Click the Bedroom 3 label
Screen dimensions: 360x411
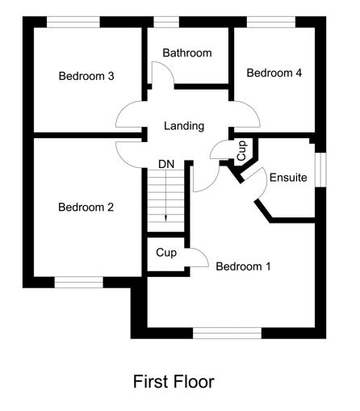tap(86, 76)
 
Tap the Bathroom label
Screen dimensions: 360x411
tap(187, 52)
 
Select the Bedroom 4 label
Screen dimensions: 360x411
tap(274, 73)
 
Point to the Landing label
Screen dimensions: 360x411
tap(184, 126)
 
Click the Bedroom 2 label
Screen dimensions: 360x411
tap(86, 207)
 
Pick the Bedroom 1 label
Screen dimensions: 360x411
tap(243, 266)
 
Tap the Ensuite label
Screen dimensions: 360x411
tap(288, 178)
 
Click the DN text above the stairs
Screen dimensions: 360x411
tap(166, 164)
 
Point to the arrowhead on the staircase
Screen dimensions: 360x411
tap(165, 218)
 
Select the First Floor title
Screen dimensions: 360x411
tap(174, 381)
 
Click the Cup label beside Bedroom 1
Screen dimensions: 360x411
tap(166, 253)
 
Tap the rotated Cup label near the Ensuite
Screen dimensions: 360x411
tap(242, 151)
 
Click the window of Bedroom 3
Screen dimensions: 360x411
tap(73, 22)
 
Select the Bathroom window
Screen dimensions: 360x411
tap(166, 22)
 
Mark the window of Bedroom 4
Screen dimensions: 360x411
tap(271, 22)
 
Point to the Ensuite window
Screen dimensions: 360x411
tap(320, 170)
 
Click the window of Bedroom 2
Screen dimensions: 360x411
tap(79, 283)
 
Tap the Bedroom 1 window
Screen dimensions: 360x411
tap(228, 333)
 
